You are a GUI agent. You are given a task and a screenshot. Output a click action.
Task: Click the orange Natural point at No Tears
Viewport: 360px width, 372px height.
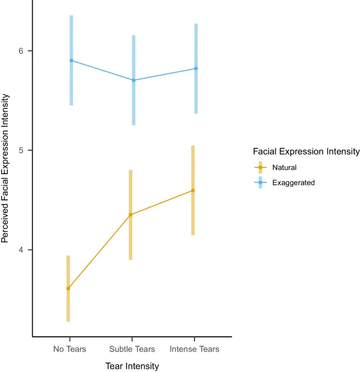point(68,288)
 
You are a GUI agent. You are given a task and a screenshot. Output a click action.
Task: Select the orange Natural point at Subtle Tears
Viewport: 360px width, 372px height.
point(130,215)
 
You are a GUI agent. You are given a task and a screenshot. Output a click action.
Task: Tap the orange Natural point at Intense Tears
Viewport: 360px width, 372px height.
point(193,190)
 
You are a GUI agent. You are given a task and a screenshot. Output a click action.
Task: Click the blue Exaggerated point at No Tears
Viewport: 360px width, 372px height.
point(71,61)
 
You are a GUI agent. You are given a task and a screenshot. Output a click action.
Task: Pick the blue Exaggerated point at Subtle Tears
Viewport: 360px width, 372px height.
point(133,80)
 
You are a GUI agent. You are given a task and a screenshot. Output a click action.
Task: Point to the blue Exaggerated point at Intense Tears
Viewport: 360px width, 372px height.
point(196,68)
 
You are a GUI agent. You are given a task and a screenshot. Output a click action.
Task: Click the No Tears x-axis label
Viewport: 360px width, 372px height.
point(69,349)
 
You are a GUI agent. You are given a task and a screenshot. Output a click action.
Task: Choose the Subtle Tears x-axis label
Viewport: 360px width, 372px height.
point(132,349)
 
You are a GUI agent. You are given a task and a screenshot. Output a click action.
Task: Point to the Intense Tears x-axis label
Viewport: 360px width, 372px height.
point(194,349)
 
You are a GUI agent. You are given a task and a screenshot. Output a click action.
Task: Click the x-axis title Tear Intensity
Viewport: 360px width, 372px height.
point(132,366)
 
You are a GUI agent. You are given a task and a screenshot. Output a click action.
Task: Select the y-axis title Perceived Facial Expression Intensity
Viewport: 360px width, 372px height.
point(6,168)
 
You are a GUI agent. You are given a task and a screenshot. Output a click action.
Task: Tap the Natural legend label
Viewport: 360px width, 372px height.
point(284,168)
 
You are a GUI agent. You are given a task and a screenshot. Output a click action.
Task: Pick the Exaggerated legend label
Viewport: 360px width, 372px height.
point(293,183)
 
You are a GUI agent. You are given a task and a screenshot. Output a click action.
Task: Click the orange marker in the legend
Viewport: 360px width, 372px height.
point(260,168)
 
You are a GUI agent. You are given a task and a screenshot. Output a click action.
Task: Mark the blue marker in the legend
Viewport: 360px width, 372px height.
point(260,183)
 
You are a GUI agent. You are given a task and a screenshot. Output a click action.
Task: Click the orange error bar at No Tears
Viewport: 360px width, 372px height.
point(68,310)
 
